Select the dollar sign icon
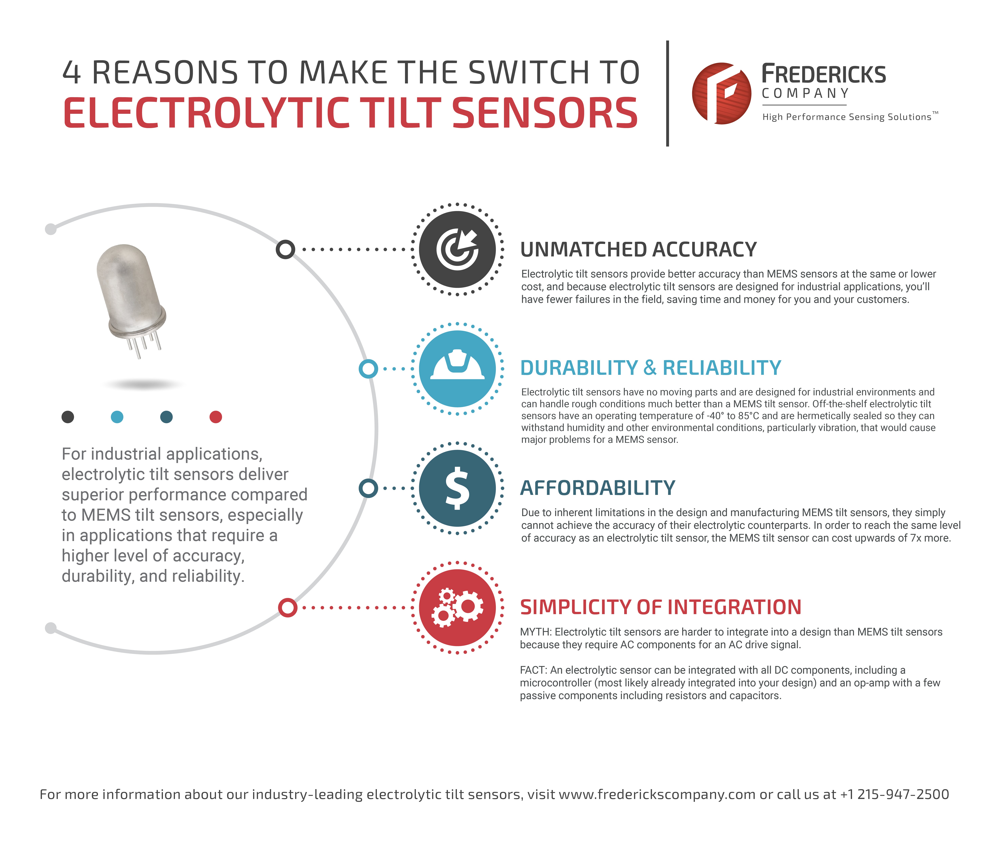click(457, 488)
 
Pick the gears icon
click(457, 607)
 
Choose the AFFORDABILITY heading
click(598, 488)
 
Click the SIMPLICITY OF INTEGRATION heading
click(661, 607)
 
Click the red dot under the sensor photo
click(216, 417)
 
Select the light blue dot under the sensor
click(117, 417)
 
